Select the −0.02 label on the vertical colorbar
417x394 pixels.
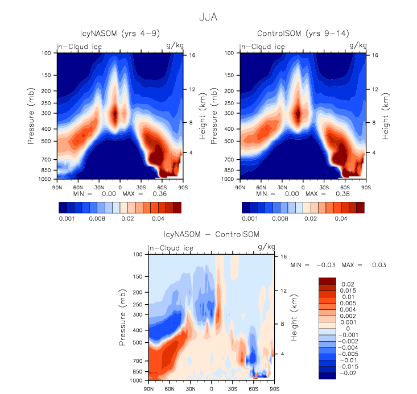348,375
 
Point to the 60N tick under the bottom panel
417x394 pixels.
169,388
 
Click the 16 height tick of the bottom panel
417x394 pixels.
280,256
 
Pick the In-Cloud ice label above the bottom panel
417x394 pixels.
171,248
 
